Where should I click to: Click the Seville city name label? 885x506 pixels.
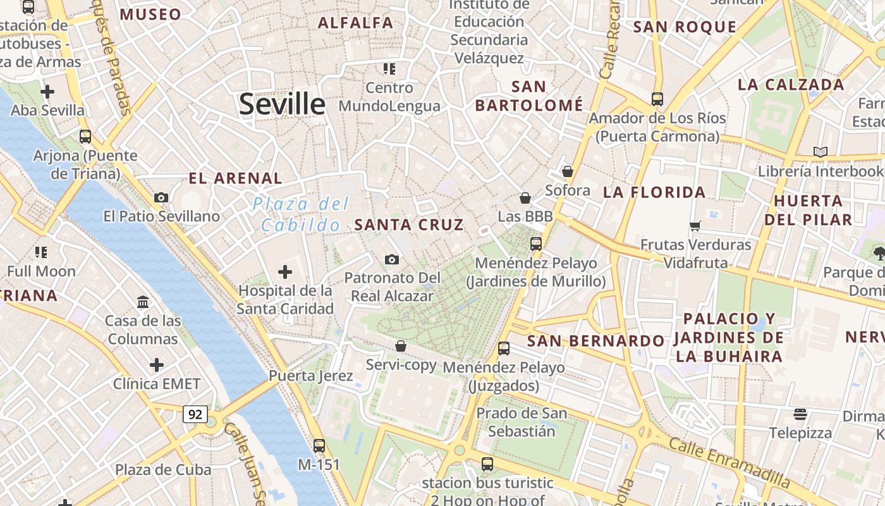(x=282, y=104)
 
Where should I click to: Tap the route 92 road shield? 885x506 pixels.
(x=195, y=414)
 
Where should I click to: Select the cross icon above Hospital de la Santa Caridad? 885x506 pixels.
(x=285, y=272)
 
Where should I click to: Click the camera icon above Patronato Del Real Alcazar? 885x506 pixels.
(x=392, y=259)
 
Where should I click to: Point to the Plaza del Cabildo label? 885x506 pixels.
(x=301, y=214)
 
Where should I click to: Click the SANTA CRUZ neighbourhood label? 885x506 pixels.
(x=409, y=225)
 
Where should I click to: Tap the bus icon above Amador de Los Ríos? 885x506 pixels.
(x=657, y=99)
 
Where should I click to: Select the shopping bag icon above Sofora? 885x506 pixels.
(x=568, y=171)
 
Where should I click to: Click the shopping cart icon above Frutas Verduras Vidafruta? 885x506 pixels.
(x=695, y=226)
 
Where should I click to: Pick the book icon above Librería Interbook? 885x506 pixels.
(x=821, y=152)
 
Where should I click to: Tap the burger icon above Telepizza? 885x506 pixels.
(x=800, y=414)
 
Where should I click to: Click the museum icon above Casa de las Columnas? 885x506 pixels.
(x=143, y=302)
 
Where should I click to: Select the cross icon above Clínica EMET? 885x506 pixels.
(x=157, y=365)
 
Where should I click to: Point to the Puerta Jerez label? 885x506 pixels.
(x=311, y=376)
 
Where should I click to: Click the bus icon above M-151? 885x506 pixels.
(x=319, y=445)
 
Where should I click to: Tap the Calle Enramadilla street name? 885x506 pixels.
(x=729, y=462)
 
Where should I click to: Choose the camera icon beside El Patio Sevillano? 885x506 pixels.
(x=161, y=197)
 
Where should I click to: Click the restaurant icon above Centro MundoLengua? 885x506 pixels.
(x=389, y=68)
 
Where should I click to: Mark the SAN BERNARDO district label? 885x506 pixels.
(x=595, y=341)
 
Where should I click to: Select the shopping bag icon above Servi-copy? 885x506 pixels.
(x=401, y=346)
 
